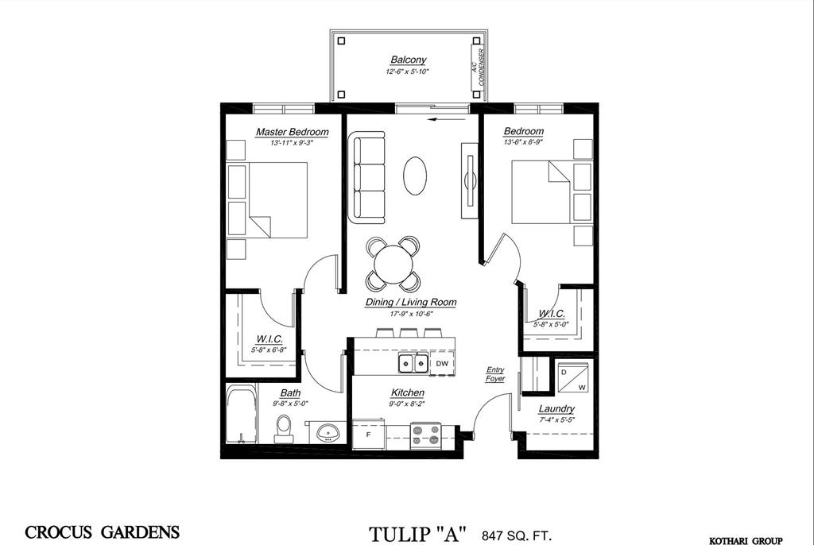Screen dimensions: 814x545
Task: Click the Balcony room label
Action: pyautogui.click(x=408, y=60)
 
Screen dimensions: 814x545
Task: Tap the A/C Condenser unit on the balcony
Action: pyautogui.click(x=477, y=67)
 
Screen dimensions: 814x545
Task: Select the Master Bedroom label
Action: pyautogui.click(x=293, y=132)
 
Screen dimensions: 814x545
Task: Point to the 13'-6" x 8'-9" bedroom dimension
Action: pyautogui.click(x=523, y=141)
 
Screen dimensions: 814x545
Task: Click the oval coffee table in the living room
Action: pyautogui.click(x=415, y=176)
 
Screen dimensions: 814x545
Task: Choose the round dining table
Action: pyautogui.click(x=393, y=264)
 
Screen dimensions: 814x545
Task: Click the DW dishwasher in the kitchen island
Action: pyautogui.click(x=442, y=363)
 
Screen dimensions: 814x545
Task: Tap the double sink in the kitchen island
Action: pyautogui.click(x=413, y=363)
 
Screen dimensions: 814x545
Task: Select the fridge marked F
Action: pyautogui.click(x=369, y=435)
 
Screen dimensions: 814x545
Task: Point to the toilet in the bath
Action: pyautogui.click(x=284, y=429)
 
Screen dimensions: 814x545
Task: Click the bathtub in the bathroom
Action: pyautogui.click(x=242, y=414)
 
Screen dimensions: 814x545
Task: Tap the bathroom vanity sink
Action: pyautogui.click(x=328, y=431)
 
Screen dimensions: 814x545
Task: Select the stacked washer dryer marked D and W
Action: pyautogui.click(x=573, y=377)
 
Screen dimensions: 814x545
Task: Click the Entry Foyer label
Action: pyautogui.click(x=495, y=374)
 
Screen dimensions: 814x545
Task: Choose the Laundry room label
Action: pyautogui.click(x=556, y=409)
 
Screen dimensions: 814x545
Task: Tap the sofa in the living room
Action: pyautogui.click(x=366, y=177)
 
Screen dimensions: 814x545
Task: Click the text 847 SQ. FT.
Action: pyautogui.click(x=517, y=535)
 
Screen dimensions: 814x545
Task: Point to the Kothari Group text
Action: pyautogui.click(x=746, y=541)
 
